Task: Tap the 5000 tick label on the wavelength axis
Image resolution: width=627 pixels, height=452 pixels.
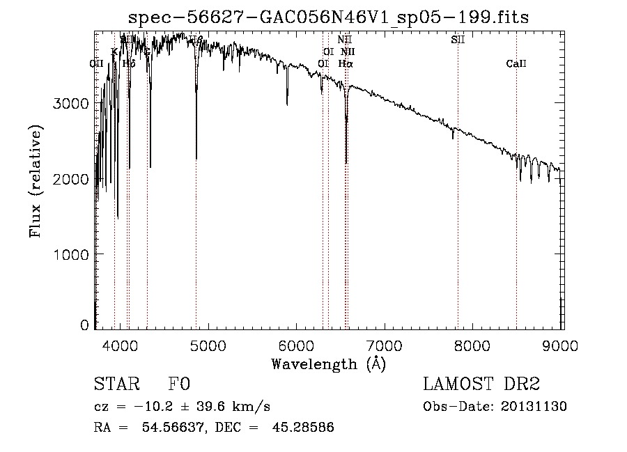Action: [x=208, y=344]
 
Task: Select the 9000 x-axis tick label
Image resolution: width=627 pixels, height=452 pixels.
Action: [x=562, y=344]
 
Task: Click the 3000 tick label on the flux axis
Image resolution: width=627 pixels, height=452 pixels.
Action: [x=71, y=104]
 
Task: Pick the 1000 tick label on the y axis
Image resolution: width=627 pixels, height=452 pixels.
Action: [x=71, y=255]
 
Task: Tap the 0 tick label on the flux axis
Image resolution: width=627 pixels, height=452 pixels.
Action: [x=84, y=325]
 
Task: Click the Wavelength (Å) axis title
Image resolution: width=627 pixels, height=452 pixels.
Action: [x=328, y=364]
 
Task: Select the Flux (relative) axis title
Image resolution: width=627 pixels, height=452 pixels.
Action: [x=36, y=180]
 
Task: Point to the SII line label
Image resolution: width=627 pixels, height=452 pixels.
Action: [x=458, y=40]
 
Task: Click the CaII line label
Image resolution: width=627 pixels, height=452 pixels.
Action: [x=516, y=64]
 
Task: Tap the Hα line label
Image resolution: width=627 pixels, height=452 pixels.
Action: [x=346, y=64]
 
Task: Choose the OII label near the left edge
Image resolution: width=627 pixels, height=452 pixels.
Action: [x=97, y=64]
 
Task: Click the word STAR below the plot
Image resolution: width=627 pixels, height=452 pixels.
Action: [x=116, y=385]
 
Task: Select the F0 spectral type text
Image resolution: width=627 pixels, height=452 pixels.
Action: [x=179, y=385]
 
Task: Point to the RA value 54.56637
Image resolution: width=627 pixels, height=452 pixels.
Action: [x=176, y=428]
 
